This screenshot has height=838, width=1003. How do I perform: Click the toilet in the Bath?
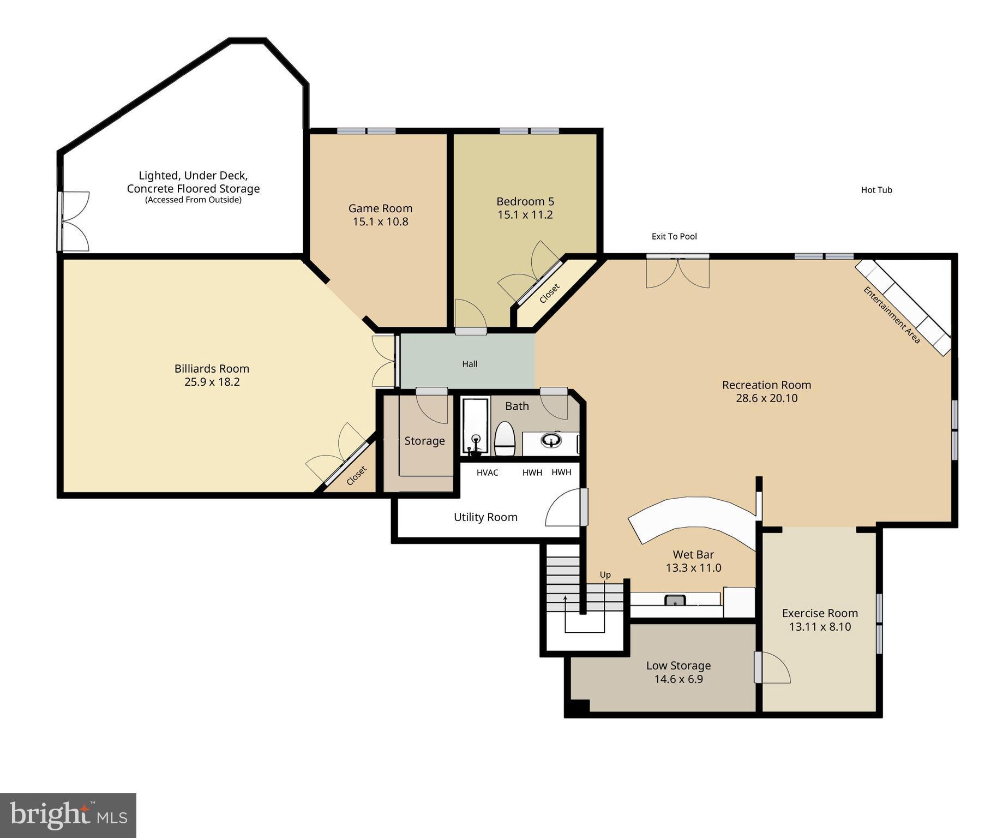click(x=504, y=439)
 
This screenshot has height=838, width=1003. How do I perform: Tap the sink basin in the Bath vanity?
click(x=551, y=440)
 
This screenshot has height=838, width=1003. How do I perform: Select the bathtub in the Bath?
click(x=475, y=427)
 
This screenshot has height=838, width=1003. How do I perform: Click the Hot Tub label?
click(x=876, y=190)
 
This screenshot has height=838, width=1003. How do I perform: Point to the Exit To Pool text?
click(x=674, y=236)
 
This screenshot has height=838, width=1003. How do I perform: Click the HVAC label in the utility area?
click(x=487, y=472)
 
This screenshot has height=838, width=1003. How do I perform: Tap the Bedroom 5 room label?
click(x=525, y=201)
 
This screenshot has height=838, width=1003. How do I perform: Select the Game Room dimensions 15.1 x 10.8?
click(x=380, y=222)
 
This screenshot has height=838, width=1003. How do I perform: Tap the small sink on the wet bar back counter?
click(x=675, y=600)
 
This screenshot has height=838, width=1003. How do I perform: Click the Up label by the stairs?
click(x=605, y=574)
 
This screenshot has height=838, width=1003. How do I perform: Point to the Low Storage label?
click(x=678, y=666)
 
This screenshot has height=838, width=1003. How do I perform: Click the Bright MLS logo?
click(x=68, y=815)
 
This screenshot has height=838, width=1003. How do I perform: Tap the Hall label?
click(x=470, y=364)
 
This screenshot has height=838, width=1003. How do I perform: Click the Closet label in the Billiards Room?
click(x=356, y=476)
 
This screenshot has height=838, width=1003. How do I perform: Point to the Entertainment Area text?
click(x=891, y=315)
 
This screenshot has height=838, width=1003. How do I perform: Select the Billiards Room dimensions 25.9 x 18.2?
click(x=212, y=382)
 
